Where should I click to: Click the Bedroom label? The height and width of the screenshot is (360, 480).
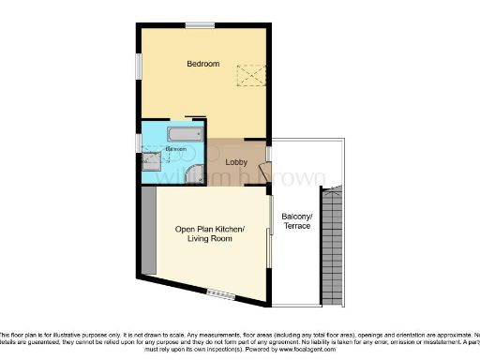click(202, 64)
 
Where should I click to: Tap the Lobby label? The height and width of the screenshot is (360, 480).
click(237, 162)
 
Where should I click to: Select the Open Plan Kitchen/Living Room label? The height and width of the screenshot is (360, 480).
click(210, 234)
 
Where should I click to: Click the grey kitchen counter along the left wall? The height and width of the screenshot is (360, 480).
click(148, 230)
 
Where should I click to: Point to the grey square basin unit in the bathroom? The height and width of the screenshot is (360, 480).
click(151, 161)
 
